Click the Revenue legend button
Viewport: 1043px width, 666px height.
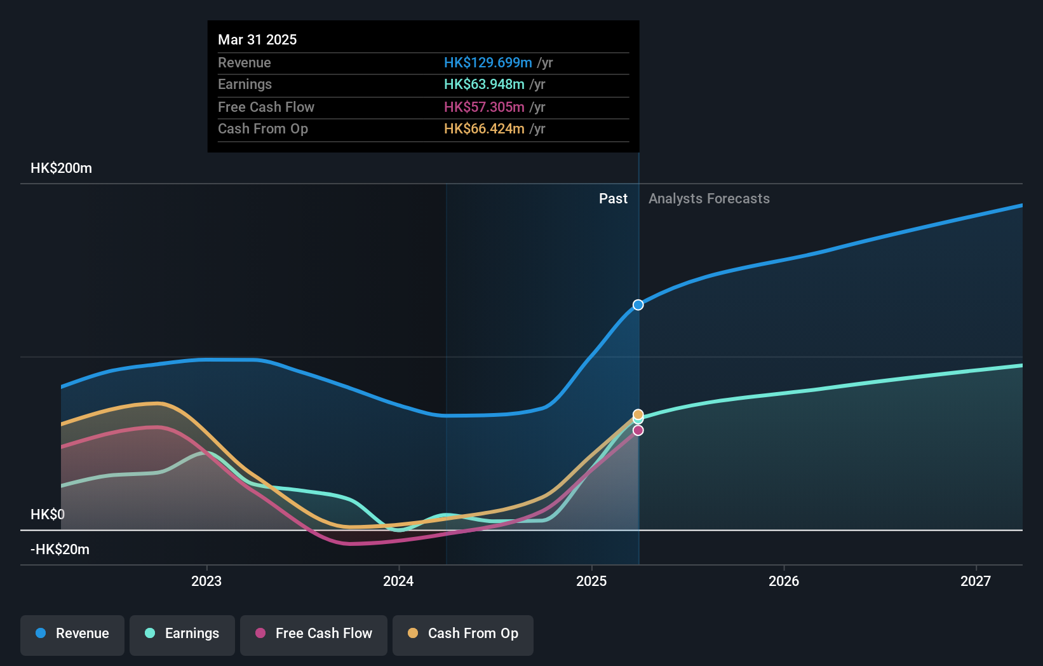coord(72,634)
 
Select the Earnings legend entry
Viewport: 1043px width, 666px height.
coord(182,634)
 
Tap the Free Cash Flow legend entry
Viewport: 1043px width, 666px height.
coord(314,634)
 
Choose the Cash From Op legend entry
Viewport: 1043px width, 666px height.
coord(463,634)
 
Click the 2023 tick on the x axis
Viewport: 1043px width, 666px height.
coord(206,581)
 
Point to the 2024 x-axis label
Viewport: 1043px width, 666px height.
coord(398,581)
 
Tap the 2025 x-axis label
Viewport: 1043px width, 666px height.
coord(591,581)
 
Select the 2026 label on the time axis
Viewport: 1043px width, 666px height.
coord(784,581)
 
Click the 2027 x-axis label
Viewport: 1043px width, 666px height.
coord(976,581)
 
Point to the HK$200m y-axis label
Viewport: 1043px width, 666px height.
coord(61,168)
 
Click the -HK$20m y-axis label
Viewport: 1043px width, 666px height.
coord(60,550)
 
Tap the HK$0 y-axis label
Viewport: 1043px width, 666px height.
coord(48,515)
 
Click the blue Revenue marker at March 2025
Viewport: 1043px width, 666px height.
coord(638,305)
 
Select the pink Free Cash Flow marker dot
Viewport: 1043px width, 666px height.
coord(638,431)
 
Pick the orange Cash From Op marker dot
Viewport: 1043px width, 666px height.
coord(638,414)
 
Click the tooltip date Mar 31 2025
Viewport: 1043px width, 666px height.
coord(257,39)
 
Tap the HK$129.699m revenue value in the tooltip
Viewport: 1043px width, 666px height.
coord(488,62)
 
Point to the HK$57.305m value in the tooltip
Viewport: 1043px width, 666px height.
coord(484,107)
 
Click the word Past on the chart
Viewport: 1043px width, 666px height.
coord(613,199)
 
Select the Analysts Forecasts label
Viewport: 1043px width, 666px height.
coord(709,199)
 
